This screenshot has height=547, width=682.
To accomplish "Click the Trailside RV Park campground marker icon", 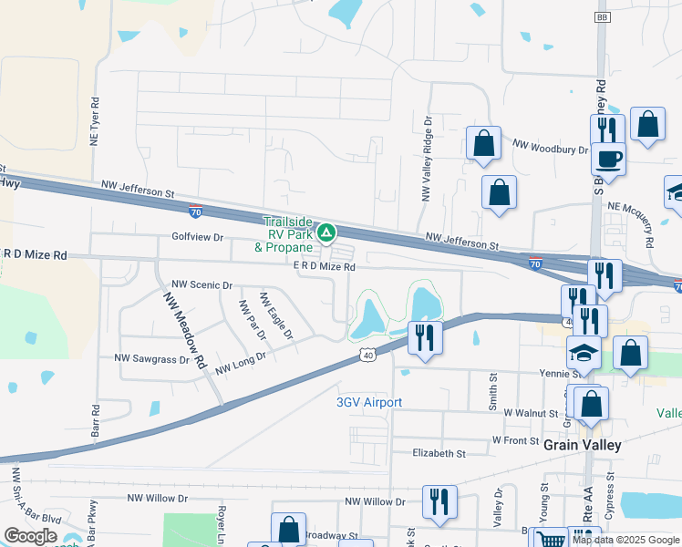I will [x=325, y=232].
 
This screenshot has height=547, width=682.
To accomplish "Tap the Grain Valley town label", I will [x=582, y=445].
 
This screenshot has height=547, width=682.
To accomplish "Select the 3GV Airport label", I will [x=369, y=402].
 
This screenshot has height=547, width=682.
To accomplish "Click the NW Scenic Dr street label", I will [x=201, y=285].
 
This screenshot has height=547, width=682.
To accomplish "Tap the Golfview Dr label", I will [x=197, y=237].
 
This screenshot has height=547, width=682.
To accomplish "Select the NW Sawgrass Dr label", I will [x=151, y=359].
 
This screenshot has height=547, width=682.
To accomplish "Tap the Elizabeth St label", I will [x=439, y=453].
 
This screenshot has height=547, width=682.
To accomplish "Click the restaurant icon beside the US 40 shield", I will [x=425, y=336].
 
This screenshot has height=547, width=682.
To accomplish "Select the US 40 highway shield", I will [x=366, y=354].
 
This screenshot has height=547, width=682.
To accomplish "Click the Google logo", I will [x=31, y=536].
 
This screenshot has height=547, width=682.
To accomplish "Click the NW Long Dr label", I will [x=240, y=362].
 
